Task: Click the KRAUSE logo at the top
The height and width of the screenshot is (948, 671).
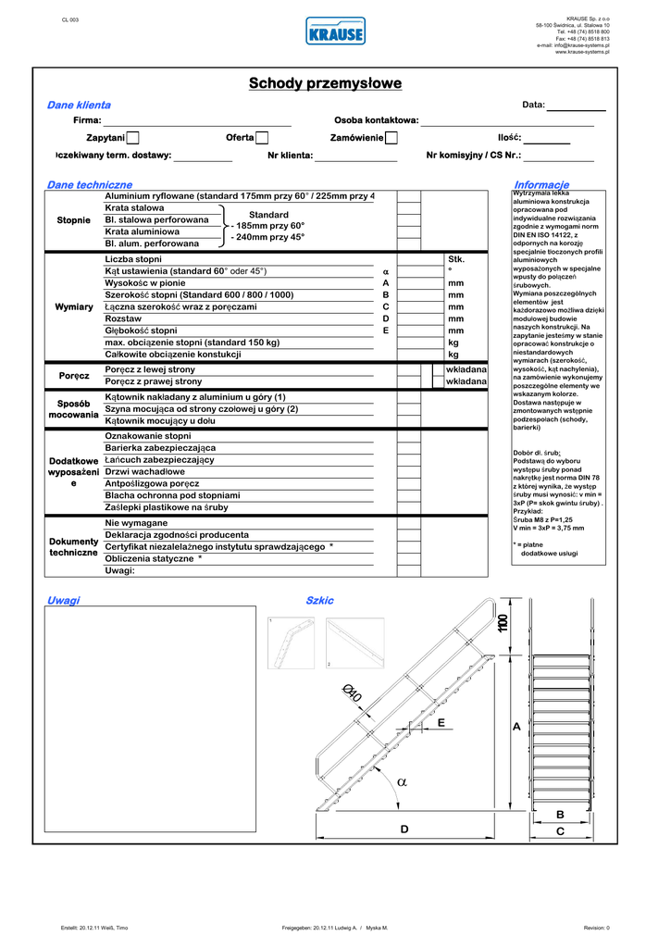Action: (335, 31)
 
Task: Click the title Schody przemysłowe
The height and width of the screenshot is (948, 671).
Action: (326, 84)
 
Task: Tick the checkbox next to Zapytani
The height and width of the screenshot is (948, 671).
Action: (132, 138)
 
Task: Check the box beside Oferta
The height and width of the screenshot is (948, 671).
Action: (262, 138)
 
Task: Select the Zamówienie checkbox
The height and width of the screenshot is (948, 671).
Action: (391, 138)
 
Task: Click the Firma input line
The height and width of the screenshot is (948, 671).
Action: (197, 121)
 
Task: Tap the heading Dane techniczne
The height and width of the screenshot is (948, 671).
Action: (90, 185)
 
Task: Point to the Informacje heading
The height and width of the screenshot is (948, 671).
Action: (541, 185)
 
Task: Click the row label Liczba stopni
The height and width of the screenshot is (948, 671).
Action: (133, 259)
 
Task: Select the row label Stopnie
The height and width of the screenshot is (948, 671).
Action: (74, 220)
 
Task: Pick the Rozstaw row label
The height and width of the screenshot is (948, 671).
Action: (123, 318)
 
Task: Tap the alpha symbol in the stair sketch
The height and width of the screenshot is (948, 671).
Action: (402, 781)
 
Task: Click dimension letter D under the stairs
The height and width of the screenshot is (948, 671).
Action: (404, 829)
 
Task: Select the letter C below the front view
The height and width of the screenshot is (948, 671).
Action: (560, 831)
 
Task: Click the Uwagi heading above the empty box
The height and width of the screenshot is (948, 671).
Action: (63, 601)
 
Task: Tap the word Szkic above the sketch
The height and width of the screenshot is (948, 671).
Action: (319, 601)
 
